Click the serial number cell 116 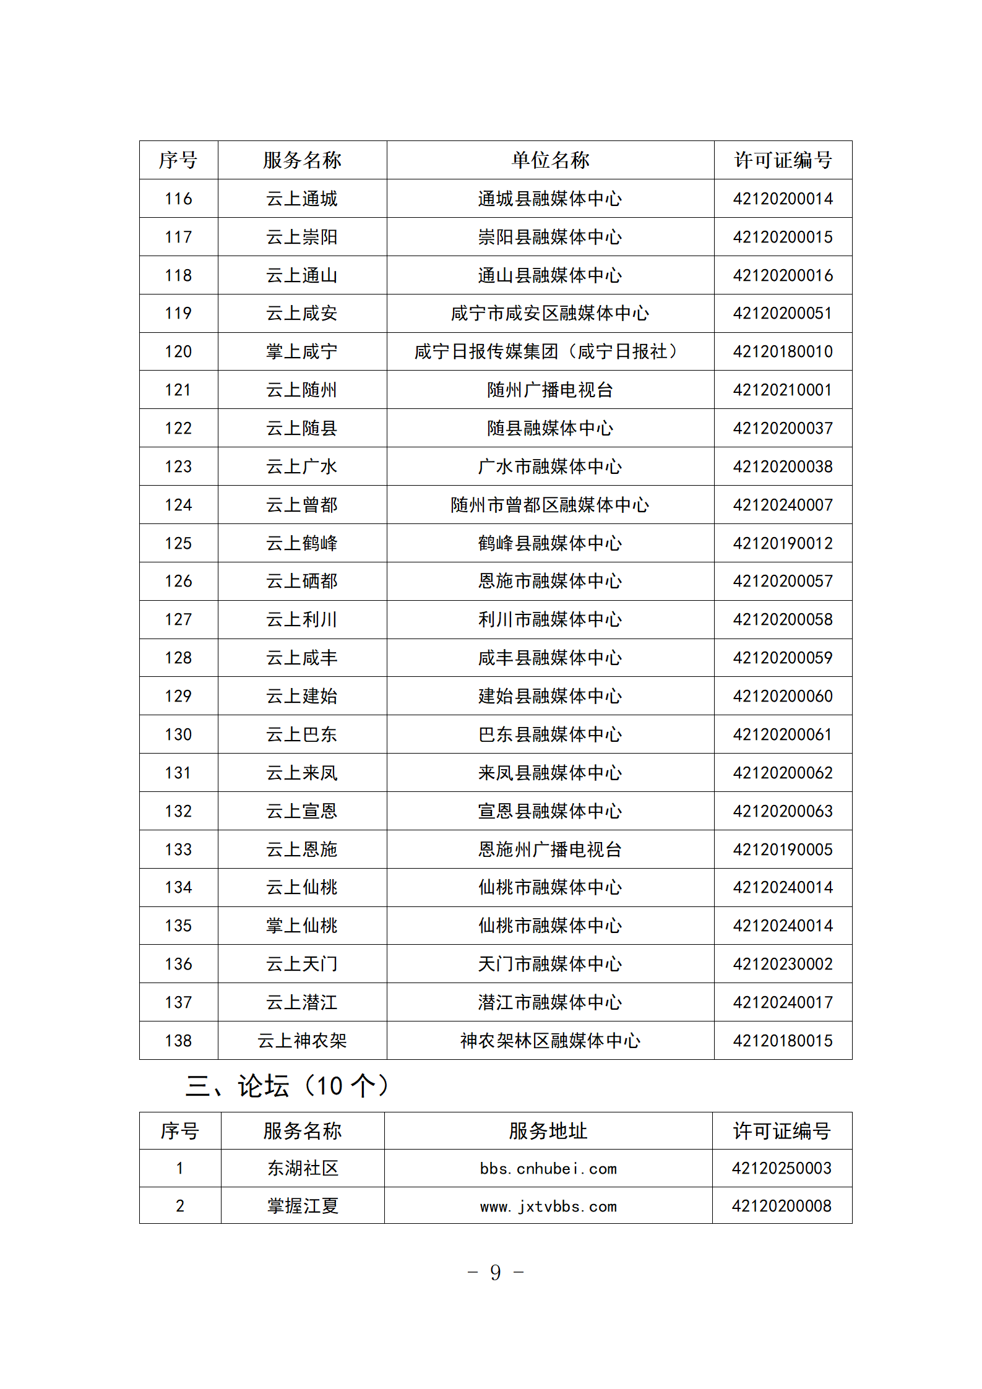click(x=178, y=199)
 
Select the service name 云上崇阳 click(x=302, y=237)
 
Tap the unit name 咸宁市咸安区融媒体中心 click(x=549, y=313)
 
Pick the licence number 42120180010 click(x=783, y=351)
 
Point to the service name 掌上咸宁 click(x=302, y=351)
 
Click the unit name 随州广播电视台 click(x=549, y=390)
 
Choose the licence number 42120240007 click(x=783, y=505)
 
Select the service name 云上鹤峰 click(x=302, y=543)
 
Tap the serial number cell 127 click(x=178, y=619)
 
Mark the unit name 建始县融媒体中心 click(x=549, y=696)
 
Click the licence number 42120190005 click(x=783, y=849)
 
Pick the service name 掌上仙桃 click(x=302, y=926)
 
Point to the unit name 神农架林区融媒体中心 click(x=549, y=1041)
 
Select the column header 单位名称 click(x=550, y=160)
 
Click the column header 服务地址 click(x=548, y=1131)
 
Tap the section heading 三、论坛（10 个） click(x=288, y=1086)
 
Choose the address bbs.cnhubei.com click(x=548, y=1169)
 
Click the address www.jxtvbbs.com click(x=548, y=1206)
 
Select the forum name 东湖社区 click(x=303, y=1169)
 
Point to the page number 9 click(x=495, y=1273)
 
